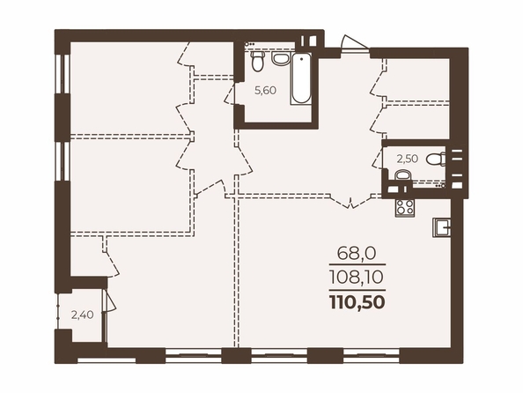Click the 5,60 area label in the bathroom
pyautogui.click(x=266, y=90)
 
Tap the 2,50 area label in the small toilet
pyautogui.click(x=407, y=159)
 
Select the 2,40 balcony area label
pyautogui.click(x=82, y=315)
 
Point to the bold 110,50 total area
pyautogui.click(x=357, y=302)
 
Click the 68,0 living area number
pyautogui.click(x=357, y=254)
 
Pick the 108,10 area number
pyautogui.click(x=357, y=278)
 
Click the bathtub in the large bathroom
pyautogui.click(x=301, y=78)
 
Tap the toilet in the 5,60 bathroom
pyautogui.click(x=257, y=61)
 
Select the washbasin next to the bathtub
pyautogui.click(x=280, y=58)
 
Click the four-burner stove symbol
pyautogui.click(x=405, y=208)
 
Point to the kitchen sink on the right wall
pyautogui.click(x=441, y=227)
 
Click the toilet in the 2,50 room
pyautogui.click(x=437, y=159)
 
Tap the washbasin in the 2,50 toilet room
pyautogui.click(x=403, y=175)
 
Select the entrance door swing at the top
pyautogui.click(x=355, y=43)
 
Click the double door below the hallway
pyautogui.click(x=350, y=201)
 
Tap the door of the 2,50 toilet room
pyautogui.click(x=378, y=159)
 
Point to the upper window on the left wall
pyautogui.click(x=63, y=73)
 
